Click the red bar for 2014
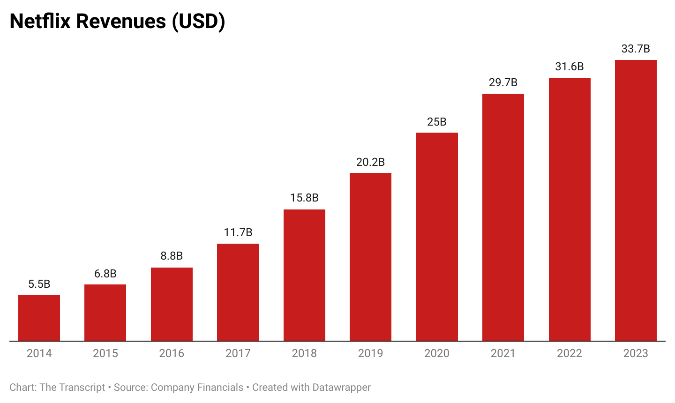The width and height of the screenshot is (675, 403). [39, 318]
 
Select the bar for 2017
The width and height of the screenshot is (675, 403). [238, 292]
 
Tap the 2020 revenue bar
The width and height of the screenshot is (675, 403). [437, 237]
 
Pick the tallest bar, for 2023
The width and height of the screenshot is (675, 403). [636, 200]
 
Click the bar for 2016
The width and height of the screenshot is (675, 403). [172, 304]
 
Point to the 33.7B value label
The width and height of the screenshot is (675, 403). [636, 49]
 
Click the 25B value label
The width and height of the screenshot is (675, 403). [437, 122]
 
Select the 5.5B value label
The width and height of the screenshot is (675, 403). [39, 284]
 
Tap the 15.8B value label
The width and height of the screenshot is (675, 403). [304, 198]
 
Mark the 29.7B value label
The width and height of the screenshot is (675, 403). [503, 82]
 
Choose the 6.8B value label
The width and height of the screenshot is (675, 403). [105, 274]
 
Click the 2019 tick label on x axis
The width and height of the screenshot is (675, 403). [370, 353]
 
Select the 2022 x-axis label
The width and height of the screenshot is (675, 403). [570, 353]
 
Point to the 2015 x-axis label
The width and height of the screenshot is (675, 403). [105, 353]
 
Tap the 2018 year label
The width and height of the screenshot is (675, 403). [304, 353]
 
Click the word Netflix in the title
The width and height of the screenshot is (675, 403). [40, 21]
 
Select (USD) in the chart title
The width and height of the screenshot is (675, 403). [198, 21]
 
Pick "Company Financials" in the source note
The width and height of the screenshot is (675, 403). [197, 388]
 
